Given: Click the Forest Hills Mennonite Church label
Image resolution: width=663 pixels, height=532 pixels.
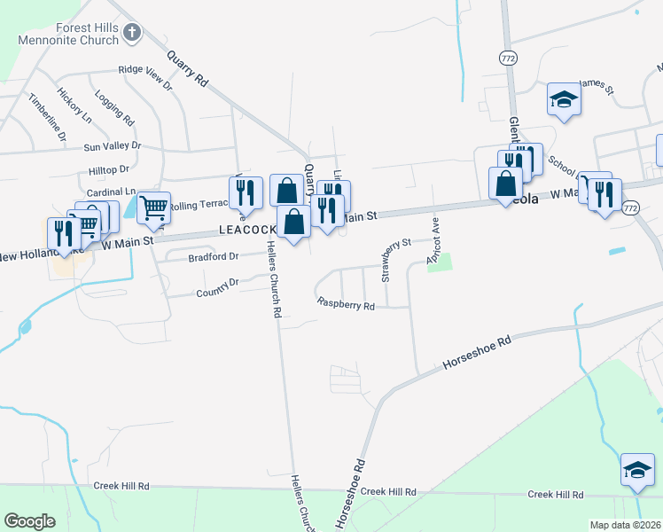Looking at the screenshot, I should tap(74, 34).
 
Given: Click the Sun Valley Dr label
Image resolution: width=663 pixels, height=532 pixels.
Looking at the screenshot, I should tap(112, 145).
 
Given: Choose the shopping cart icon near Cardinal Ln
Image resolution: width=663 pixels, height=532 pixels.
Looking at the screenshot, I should tap(153, 207).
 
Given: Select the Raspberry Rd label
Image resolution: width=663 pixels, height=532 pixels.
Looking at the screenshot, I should tap(346, 304).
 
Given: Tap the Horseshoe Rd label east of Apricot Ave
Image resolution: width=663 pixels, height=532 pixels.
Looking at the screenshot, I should tap(477, 353).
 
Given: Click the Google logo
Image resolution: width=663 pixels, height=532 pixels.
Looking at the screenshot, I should tap(30, 521).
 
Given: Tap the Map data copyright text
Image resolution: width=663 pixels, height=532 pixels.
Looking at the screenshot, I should tap(626, 525).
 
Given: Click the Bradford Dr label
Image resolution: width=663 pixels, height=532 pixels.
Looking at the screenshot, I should tap(214, 257).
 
